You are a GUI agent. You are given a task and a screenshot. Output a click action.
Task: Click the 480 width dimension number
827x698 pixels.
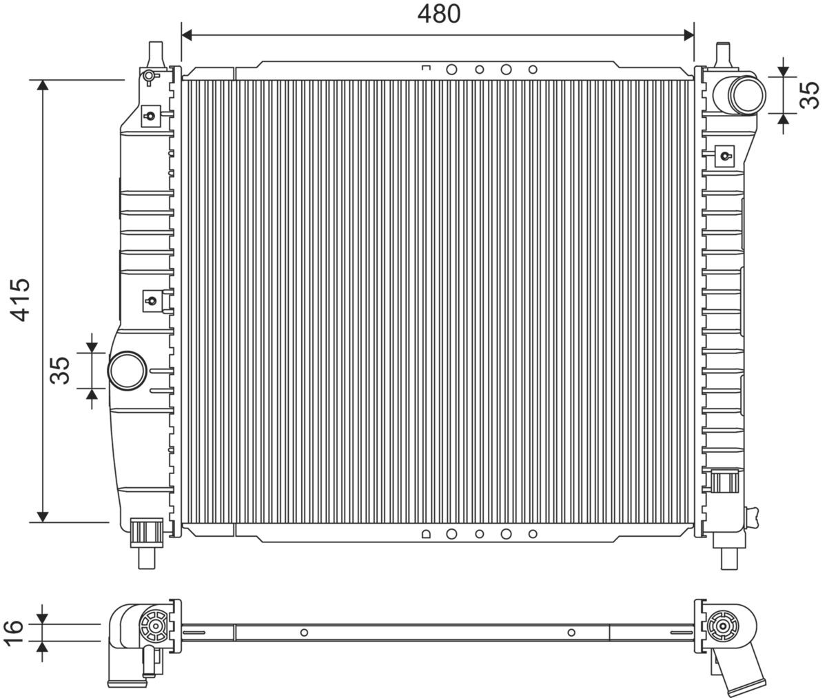(438, 13)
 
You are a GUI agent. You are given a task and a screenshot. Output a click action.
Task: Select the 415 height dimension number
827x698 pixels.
(21, 300)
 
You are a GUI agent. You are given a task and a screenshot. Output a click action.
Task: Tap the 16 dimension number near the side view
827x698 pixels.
(14, 633)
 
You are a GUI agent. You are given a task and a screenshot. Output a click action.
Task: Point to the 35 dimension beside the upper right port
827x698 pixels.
(809, 95)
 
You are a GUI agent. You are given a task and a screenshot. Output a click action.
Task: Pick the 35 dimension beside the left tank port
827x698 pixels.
(61, 370)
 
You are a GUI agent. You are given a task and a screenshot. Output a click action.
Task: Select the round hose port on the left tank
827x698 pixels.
(127, 370)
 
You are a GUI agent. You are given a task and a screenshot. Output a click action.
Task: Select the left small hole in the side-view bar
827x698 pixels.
(304, 633)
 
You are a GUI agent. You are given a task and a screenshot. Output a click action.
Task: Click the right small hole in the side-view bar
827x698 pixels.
(571, 633)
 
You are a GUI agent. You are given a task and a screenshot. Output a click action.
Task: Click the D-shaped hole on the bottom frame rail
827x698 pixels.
(425, 533)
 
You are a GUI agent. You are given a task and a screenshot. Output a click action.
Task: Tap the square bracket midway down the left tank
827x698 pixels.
(150, 300)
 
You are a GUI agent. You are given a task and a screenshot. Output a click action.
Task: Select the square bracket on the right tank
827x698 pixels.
(725, 155)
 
